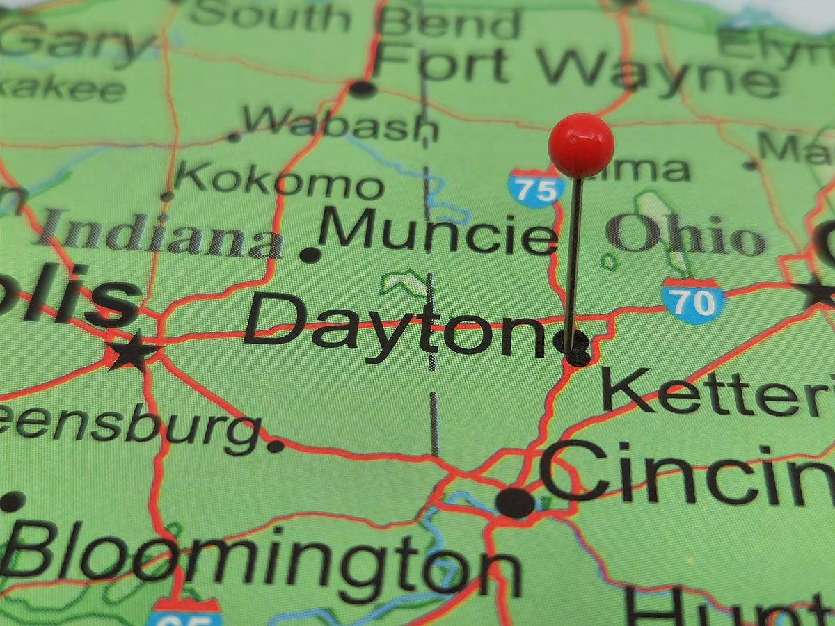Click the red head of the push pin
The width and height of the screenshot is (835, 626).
(x=581, y=145)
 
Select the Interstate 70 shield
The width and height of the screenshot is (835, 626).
(x=693, y=301)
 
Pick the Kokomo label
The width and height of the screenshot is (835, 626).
(x=279, y=182)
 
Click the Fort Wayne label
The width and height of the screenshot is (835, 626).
(x=578, y=69)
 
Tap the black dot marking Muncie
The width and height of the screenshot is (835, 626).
(x=310, y=255)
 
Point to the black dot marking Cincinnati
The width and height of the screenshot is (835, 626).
(x=515, y=501)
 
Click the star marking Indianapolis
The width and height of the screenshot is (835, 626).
(x=133, y=351)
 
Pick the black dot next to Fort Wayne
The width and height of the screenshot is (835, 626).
(x=362, y=89)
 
